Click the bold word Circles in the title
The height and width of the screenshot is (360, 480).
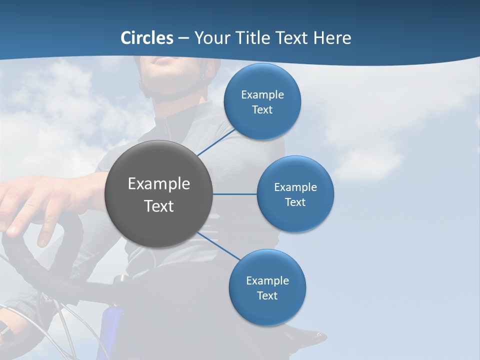pos(147,38)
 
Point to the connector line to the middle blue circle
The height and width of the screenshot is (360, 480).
pos(234,194)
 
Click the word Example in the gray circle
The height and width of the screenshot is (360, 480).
pos(158,184)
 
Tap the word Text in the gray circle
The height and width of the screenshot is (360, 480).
pos(158,206)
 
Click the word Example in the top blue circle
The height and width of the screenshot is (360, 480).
pos(262,95)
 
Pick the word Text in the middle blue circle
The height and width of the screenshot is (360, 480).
pos(295,202)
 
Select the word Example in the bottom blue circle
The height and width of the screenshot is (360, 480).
pos(267,281)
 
